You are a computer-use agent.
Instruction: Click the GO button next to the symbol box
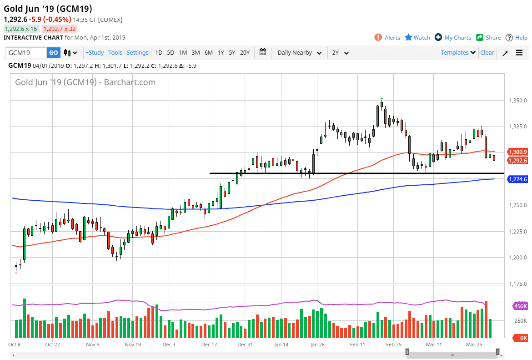tap(54, 53)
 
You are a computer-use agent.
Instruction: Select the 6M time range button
tap(208, 53)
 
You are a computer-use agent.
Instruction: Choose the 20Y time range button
tap(245, 53)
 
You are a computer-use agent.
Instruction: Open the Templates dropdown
tap(458, 53)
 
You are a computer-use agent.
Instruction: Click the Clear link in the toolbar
tap(487, 53)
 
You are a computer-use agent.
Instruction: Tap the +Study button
tap(95, 53)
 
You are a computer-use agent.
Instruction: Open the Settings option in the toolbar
tap(137, 53)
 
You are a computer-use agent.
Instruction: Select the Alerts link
tap(387, 38)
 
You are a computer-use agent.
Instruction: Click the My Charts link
tap(453, 38)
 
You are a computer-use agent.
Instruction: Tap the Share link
tap(488, 38)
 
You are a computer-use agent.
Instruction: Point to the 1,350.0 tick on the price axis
tap(517, 100)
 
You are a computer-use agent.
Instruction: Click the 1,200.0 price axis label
tap(517, 258)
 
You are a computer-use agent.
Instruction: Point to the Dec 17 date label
tap(209, 345)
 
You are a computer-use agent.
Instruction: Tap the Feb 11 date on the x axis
tap(358, 345)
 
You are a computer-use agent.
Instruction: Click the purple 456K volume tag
tap(520, 306)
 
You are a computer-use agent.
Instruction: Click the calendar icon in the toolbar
tap(263, 52)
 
